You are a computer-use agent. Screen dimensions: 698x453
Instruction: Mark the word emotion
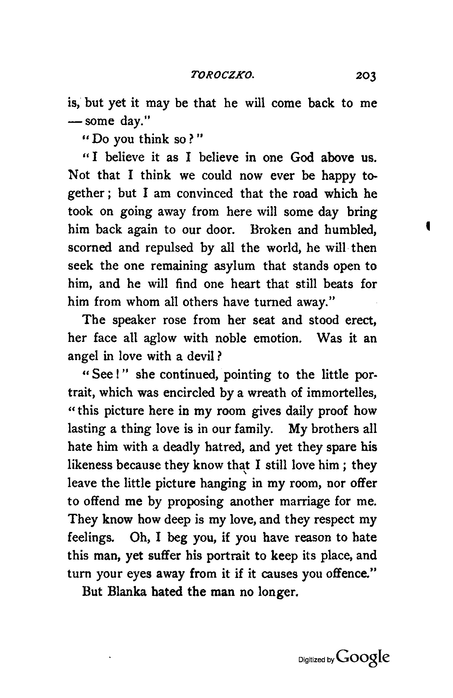(277, 339)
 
